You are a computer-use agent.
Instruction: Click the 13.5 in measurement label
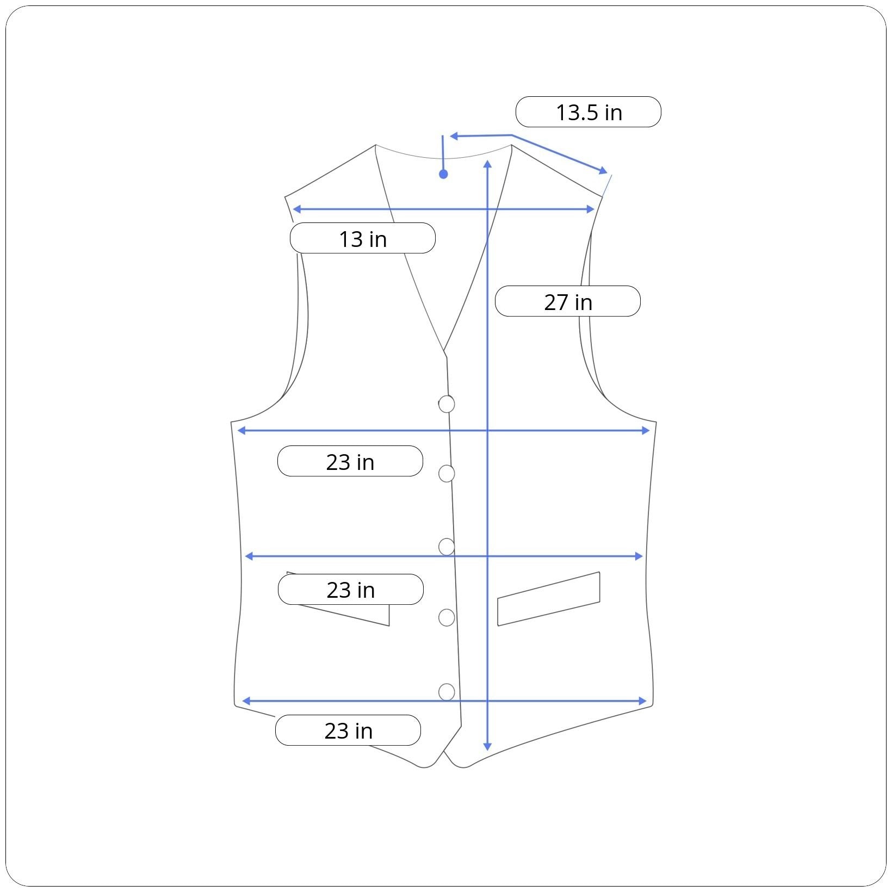(x=588, y=112)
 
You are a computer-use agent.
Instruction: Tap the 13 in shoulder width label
(x=363, y=238)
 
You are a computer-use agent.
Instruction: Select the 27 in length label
(x=568, y=301)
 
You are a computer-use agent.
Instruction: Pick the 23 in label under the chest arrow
(x=350, y=461)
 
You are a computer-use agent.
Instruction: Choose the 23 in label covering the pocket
(x=351, y=590)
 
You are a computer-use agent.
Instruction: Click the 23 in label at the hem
(x=348, y=730)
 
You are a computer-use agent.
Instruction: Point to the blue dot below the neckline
(x=443, y=174)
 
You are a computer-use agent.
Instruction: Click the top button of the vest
(x=447, y=404)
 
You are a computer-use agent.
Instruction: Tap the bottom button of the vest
(x=447, y=692)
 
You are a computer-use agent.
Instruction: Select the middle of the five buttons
(x=447, y=547)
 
